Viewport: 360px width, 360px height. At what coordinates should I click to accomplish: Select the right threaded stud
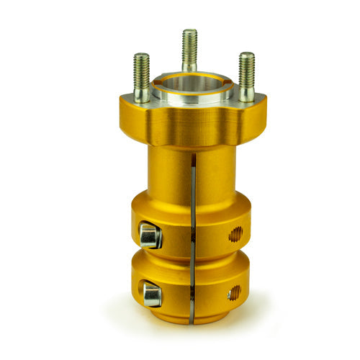(x=247, y=76)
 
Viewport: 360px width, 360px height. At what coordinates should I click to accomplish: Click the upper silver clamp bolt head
(x=150, y=235)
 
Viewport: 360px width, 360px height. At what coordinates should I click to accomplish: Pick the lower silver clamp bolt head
(x=151, y=294)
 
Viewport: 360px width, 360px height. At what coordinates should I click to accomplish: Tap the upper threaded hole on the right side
(x=235, y=234)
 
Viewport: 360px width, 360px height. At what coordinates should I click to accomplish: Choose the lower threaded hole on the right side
(x=234, y=292)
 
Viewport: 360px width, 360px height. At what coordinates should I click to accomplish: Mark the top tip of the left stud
(x=141, y=55)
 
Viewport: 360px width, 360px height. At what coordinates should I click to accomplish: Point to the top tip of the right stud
(x=247, y=54)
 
